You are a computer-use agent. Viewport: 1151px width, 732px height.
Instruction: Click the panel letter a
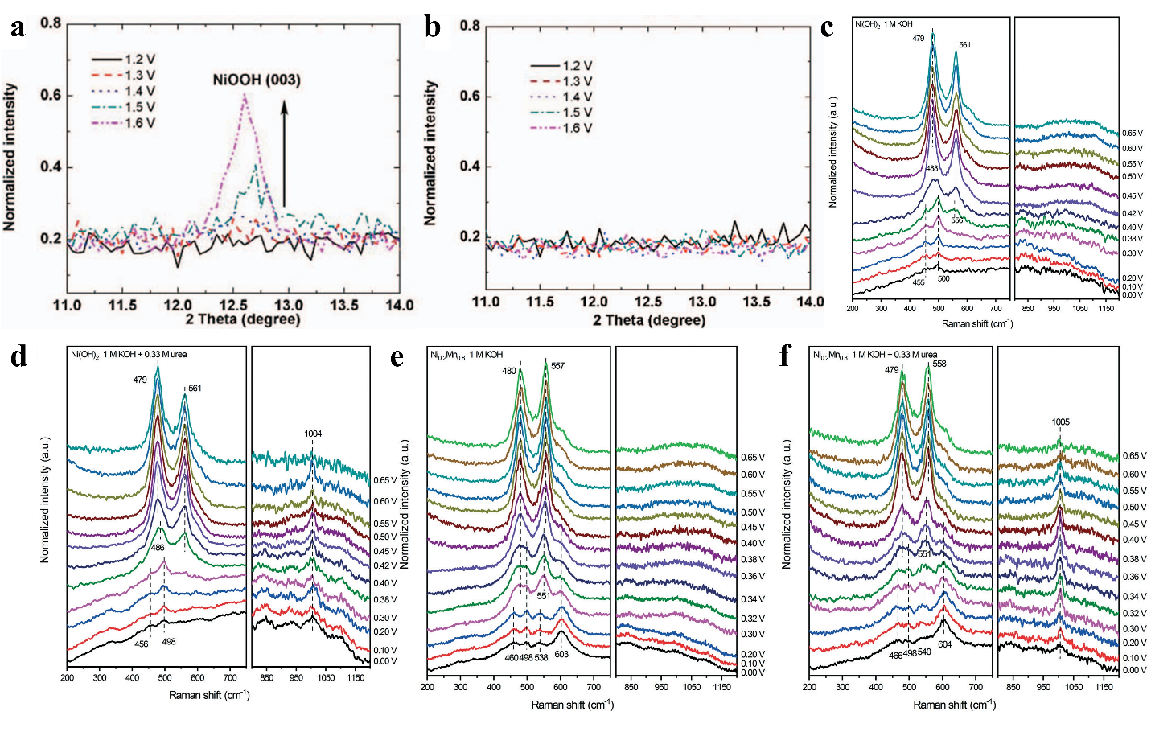click(x=17, y=27)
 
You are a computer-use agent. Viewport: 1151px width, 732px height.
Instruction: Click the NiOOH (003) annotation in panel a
click(x=257, y=80)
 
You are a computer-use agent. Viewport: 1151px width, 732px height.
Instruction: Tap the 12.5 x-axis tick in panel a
click(x=233, y=305)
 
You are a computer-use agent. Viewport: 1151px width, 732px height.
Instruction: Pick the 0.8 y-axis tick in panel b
click(x=470, y=26)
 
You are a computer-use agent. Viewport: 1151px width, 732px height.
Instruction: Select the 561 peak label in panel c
click(x=964, y=45)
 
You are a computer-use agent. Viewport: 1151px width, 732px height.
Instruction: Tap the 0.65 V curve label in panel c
click(x=1133, y=134)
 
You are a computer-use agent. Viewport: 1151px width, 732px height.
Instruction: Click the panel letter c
click(x=827, y=27)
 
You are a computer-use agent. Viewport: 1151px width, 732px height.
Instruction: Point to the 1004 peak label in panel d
click(x=313, y=434)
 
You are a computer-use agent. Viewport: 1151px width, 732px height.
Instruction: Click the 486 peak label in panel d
click(x=158, y=548)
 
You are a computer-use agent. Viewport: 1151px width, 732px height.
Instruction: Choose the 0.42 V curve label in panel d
click(x=384, y=566)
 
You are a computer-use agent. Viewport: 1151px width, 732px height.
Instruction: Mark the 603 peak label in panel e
click(x=561, y=655)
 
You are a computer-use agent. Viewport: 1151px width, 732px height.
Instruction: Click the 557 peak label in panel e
click(x=557, y=366)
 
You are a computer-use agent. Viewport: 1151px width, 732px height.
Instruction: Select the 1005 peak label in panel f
click(x=1060, y=422)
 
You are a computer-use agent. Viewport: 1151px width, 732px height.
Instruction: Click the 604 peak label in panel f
click(x=944, y=644)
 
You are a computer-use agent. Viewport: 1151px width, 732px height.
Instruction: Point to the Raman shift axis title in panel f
click(x=954, y=705)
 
